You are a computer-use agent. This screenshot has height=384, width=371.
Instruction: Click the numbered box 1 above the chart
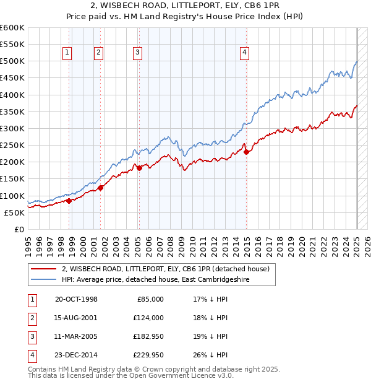(x=66, y=53)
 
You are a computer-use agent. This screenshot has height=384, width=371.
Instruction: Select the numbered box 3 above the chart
(x=137, y=53)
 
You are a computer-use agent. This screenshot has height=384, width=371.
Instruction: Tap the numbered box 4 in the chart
(x=245, y=53)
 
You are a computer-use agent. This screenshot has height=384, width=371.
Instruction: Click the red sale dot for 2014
(x=247, y=152)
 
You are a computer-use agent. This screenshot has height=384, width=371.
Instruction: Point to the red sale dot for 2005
(x=139, y=167)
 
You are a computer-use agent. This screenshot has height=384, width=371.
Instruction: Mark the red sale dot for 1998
(x=69, y=200)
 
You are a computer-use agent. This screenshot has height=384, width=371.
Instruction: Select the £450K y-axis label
(x=12, y=78)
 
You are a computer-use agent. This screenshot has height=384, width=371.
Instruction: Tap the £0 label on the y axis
(x=19, y=229)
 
